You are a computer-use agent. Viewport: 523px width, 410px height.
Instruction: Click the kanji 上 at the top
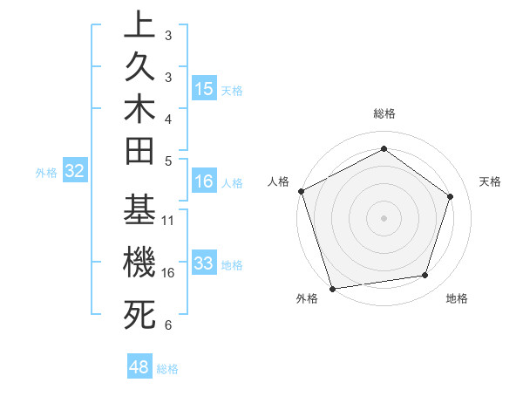(x=139, y=26)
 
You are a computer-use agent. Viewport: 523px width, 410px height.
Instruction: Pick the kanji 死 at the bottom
(x=139, y=314)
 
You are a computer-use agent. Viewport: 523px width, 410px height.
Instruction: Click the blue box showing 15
(x=204, y=89)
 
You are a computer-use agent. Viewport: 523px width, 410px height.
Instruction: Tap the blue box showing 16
(x=204, y=181)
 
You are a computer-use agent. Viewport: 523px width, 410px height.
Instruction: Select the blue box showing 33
(x=204, y=263)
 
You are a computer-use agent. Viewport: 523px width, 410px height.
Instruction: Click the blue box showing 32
(x=75, y=171)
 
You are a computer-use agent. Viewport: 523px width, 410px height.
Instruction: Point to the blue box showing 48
(x=139, y=367)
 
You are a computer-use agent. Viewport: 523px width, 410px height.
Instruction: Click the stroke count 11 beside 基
(x=169, y=221)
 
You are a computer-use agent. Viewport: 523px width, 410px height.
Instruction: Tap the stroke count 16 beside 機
(x=169, y=272)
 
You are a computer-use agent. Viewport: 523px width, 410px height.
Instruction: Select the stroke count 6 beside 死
(x=168, y=325)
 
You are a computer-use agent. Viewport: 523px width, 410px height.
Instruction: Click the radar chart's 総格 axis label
(x=384, y=113)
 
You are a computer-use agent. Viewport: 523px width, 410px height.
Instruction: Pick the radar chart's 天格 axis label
(x=491, y=181)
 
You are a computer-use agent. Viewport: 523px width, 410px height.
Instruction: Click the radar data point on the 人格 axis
(x=301, y=191)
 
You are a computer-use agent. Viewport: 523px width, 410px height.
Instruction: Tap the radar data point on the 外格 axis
(x=333, y=289)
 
